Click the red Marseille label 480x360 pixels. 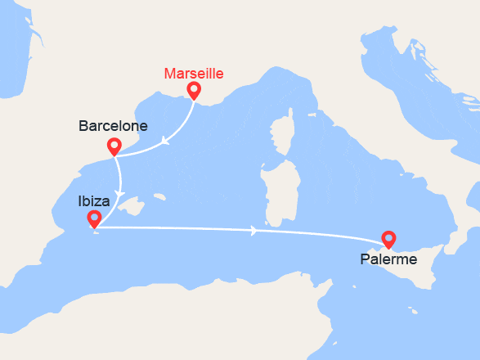tap(193, 73)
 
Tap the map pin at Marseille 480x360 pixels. tap(194, 89)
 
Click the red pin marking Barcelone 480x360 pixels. tap(114, 146)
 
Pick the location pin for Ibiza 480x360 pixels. tap(94, 218)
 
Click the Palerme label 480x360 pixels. tap(388, 259)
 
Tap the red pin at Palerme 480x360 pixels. tap(388, 239)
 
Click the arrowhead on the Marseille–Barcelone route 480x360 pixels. tap(165, 140)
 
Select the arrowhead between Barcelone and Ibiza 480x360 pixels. tap(120, 195)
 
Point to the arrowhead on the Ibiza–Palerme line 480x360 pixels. tap(255, 231)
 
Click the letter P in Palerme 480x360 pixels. tap(365, 259)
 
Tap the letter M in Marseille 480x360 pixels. tap(169, 73)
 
